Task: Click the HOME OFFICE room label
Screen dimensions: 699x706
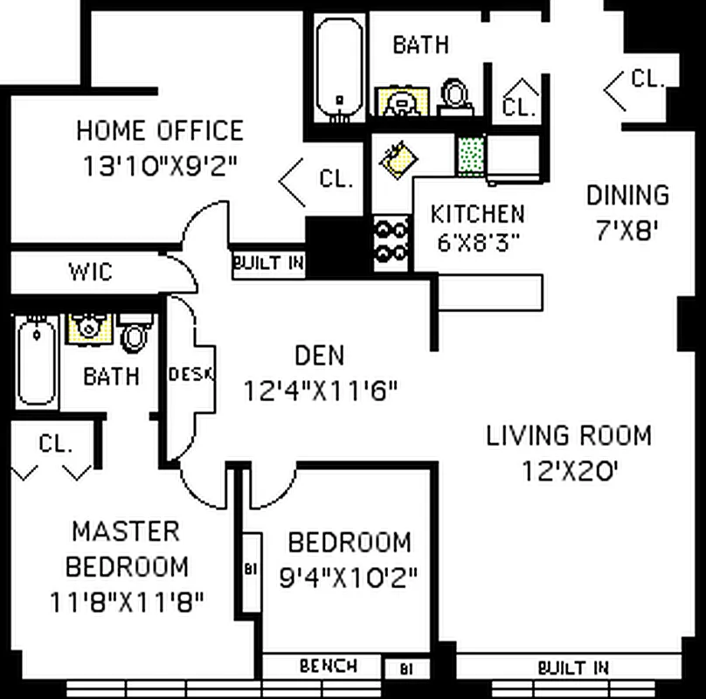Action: [159, 131]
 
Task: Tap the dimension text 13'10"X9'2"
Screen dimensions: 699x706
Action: [161, 165]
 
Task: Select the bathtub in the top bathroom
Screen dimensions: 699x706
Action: [338, 67]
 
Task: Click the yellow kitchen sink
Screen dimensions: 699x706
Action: [398, 159]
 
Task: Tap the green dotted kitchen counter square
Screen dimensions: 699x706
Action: [471, 156]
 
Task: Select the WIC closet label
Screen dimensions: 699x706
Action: [91, 272]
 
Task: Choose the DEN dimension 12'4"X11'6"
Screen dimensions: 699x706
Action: [321, 390]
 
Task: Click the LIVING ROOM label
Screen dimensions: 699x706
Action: [569, 435]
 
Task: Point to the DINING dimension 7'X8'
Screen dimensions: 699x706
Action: [626, 230]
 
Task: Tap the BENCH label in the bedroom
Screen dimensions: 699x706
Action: [328, 666]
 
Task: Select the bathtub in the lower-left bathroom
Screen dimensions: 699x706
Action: [36, 361]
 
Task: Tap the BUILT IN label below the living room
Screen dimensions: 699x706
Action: [572, 668]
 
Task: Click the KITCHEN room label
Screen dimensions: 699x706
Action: [477, 213]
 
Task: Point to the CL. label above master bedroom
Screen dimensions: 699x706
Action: [55, 444]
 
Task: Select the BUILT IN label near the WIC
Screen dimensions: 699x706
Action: [268, 262]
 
